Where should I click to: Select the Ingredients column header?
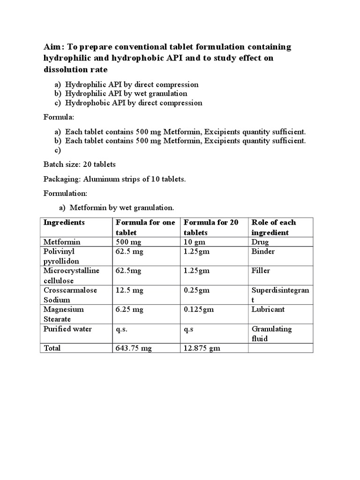(x=64, y=222)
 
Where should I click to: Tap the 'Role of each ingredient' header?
(x=274, y=227)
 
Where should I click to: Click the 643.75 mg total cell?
(x=134, y=348)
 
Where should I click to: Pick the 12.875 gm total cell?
(x=202, y=348)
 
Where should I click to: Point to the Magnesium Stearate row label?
(x=64, y=314)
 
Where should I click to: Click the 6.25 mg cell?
(x=129, y=309)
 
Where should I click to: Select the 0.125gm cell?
(x=197, y=309)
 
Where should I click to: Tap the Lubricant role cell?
(x=268, y=309)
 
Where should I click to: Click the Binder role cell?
(x=263, y=251)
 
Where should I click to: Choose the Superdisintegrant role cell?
(x=280, y=295)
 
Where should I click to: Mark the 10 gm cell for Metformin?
(x=194, y=242)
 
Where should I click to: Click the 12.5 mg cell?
(x=129, y=290)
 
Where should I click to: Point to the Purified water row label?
(x=67, y=329)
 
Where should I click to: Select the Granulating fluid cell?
(x=271, y=333)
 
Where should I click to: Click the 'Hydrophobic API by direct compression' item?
(x=134, y=103)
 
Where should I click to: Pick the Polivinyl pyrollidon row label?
(x=61, y=256)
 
